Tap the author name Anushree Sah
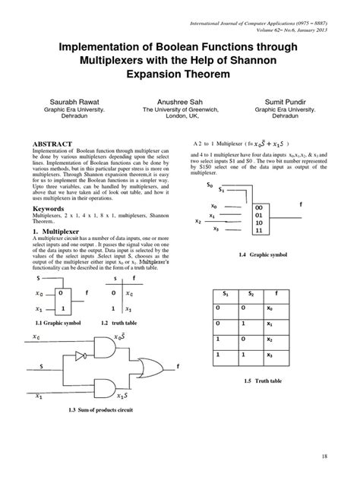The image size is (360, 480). (180, 99)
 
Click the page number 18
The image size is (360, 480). (324, 456)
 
